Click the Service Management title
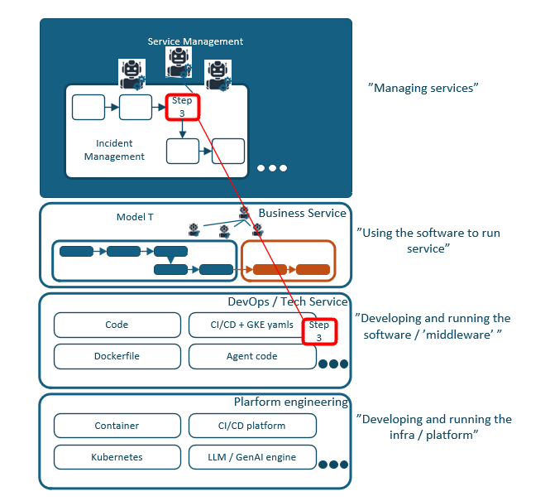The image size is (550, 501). point(195,41)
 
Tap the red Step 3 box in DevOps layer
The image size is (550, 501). point(318,331)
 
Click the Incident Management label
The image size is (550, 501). point(114,150)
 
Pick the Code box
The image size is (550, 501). point(117,325)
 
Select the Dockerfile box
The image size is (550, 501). point(117,357)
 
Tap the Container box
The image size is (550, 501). point(117,426)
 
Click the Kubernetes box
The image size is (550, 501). point(117,457)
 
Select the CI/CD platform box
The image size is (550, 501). point(251,426)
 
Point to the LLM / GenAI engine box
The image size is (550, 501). point(251,457)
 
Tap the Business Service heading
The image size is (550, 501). point(302,214)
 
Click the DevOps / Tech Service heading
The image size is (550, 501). point(288,302)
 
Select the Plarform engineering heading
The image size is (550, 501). point(290,402)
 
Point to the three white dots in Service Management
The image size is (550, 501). point(271,168)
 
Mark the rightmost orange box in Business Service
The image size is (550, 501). point(313,269)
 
